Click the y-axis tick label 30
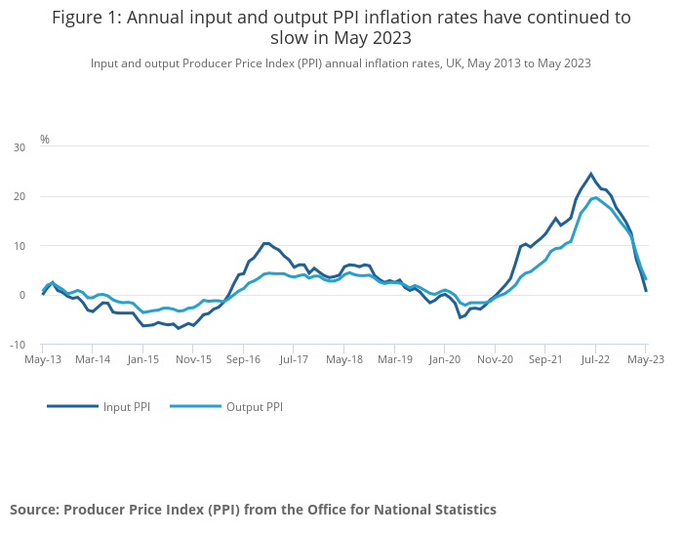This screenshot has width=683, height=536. click(x=20, y=146)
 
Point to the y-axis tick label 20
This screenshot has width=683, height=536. click(x=20, y=196)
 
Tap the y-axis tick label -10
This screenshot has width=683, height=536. click(x=19, y=345)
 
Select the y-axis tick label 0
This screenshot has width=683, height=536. click(x=22, y=295)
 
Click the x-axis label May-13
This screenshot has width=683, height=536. click(x=42, y=359)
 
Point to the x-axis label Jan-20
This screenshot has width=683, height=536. click(x=444, y=359)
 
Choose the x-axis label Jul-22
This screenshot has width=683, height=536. click(x=595, y=359)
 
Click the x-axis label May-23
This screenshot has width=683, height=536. click(x=645, y=359)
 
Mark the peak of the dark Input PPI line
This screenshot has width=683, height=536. click(x=590, y=174)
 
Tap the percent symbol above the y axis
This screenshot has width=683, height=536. click(x=44, y=140)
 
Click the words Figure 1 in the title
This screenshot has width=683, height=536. click(x=86, y=18)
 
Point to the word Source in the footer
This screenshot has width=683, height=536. click(x=34, y=510)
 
